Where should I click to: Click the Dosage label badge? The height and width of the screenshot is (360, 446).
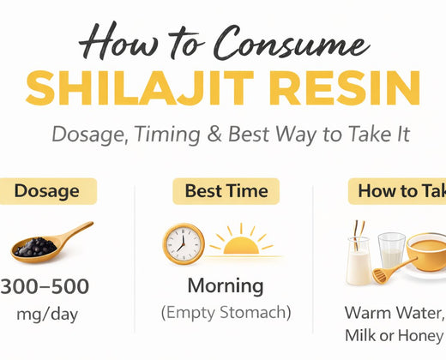48,191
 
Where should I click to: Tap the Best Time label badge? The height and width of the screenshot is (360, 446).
226,191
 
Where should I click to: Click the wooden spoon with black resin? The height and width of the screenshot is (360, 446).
51,243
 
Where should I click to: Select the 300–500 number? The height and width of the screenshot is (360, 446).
45,286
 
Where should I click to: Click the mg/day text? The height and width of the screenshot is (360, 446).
46,314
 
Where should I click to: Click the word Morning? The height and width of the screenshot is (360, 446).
226,285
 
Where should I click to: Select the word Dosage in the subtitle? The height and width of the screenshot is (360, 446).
85,135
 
